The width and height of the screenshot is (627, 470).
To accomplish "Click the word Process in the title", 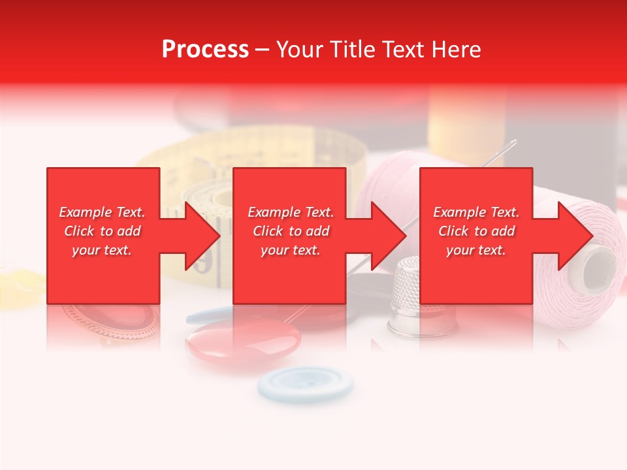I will point(205,50).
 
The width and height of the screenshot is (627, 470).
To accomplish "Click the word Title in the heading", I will point(353,50).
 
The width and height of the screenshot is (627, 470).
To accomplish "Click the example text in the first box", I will point(103,231).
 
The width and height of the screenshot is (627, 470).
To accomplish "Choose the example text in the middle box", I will point(291,231).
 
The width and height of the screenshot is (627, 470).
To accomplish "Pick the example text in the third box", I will point(476,231).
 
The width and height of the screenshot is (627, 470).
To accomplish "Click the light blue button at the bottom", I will point(306,383).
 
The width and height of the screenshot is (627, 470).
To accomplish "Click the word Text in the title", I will point(405,50).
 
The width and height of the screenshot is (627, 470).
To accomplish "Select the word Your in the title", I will point(300,50).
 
